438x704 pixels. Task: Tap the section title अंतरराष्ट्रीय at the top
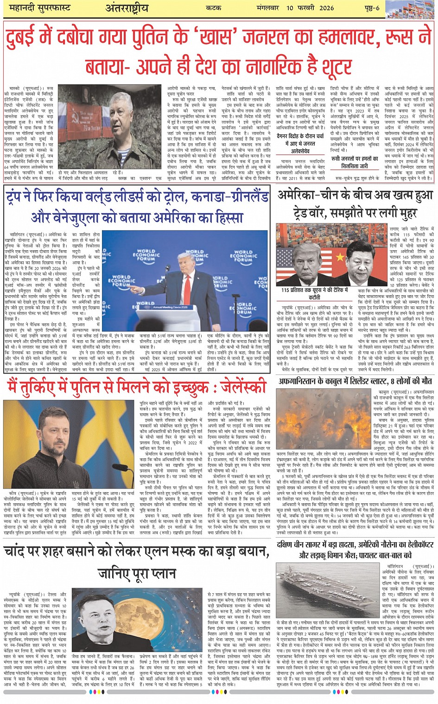pyautogui.click(x=127, y=8)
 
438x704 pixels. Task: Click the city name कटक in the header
pyautogui.click(x=214, y=8)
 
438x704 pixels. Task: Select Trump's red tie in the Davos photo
pyautogui.click(x=187, y=281)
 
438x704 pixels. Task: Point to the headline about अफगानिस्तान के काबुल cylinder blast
pyautogui.click(x=355, y=381)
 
